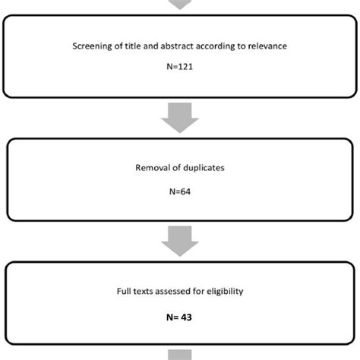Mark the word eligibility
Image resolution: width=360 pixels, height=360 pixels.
coord(221,289)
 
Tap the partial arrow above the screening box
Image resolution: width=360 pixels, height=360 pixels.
coord(179,5)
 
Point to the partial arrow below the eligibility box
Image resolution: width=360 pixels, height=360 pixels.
coord(179,354)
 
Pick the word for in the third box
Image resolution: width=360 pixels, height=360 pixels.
coord(197,289)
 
